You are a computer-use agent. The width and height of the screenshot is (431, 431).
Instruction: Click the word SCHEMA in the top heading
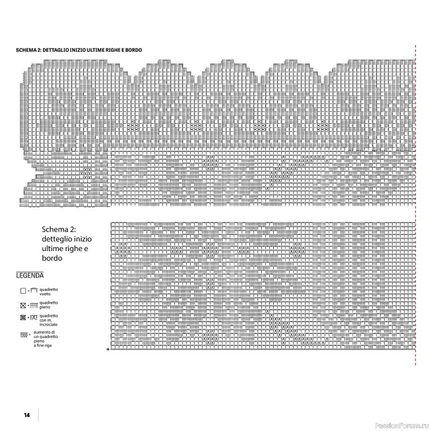click(26, 50)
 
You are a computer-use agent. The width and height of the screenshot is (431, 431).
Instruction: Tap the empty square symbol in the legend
click(23, 291)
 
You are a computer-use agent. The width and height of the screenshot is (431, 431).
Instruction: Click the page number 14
click(26, 415)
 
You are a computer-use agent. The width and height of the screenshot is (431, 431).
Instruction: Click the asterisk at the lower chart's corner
click(108, 350)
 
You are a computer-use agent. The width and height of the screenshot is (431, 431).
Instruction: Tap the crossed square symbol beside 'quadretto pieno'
click(23, 305)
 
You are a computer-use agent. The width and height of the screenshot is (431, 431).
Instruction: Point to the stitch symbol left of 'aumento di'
click(24, 336)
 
